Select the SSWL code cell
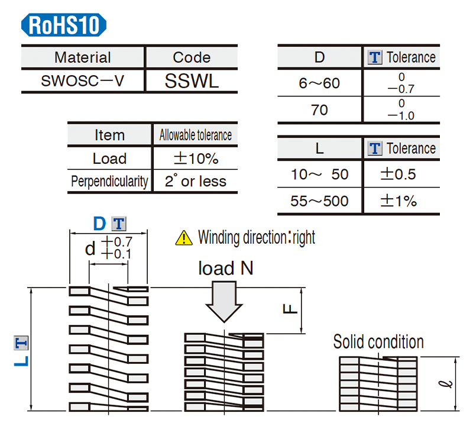point(192,81)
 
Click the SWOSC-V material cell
point(83,81)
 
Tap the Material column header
point(83,57)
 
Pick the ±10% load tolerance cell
point(195,159)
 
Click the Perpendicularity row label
point(109,181)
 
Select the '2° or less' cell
point(195,181)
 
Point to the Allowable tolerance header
point(195,135)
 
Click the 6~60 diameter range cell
point(319,83)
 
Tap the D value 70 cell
point(319,110)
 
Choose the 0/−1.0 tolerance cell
point(401,110)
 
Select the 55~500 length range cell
point(319,201)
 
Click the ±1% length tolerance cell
point(401,201)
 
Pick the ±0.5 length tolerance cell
point(401,175)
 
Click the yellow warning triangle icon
point(184,238)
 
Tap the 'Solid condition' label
point(378,342)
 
